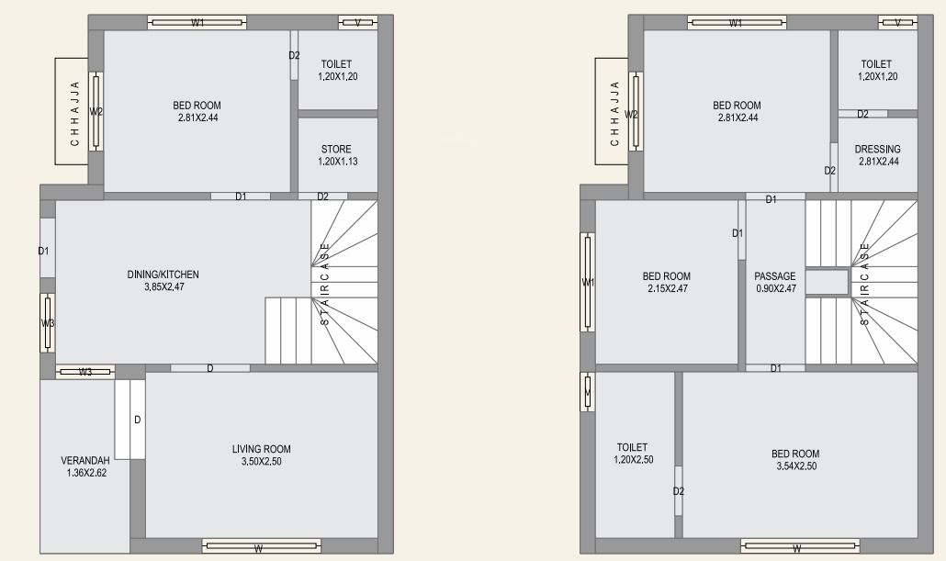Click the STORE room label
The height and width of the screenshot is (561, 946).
tap(336, 150)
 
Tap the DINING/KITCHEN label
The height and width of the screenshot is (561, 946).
tap(163, 275)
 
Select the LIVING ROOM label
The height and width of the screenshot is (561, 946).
tap(262, 449)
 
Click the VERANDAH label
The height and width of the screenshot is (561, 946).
tap(85, 460)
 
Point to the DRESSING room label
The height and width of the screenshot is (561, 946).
tap(877, 150)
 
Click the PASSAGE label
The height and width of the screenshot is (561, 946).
tap(774, 276)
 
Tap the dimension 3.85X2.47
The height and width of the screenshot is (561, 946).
tap(163, 287)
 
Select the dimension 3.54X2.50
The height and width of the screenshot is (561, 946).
tap(794, 466)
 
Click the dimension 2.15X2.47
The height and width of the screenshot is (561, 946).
tap(666, 288)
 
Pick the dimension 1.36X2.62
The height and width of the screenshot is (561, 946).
tap(85, 473)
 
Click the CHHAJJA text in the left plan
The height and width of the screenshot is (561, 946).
tap(74, 112)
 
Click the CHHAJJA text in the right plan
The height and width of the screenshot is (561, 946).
tap(614, 112)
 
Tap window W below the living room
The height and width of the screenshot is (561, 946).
tap(261, 548)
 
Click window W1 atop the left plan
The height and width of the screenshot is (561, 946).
tap(197, 23)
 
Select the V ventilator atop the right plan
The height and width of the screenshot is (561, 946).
tap(897, 23)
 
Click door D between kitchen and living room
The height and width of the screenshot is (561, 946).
tap(210, 368)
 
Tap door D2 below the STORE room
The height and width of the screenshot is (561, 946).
tap(323, 196)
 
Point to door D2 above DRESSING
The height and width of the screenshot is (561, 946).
tap(862, 114)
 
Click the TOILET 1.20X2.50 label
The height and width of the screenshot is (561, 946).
tap(633, 454)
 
